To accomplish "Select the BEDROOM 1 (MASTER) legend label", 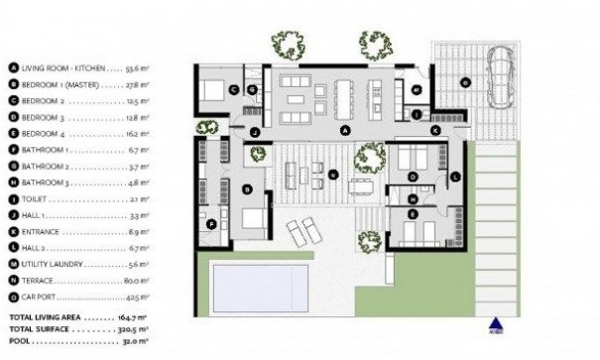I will (x=62, y=85).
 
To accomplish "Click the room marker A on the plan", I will (x=345, y=130).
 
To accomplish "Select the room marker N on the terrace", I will (x=333, y=176).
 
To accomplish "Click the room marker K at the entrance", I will (x=435, y=130).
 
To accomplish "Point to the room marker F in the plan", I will (x=211, y=224).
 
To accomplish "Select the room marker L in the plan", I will (x=453, y=177).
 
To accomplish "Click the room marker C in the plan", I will (x=233, y=90).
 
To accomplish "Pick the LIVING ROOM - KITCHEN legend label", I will (x=65, y=68).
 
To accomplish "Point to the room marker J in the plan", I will (x=255, y=131).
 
